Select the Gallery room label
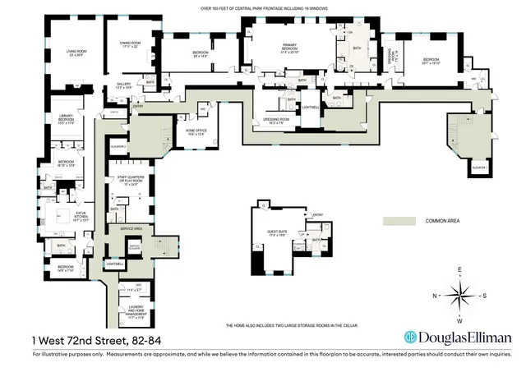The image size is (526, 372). point(124,85)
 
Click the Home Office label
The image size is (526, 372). point(196,133)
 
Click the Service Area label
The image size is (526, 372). point(132,228)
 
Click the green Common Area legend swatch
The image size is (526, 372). point(399,221)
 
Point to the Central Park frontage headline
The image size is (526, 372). point(262,7)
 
